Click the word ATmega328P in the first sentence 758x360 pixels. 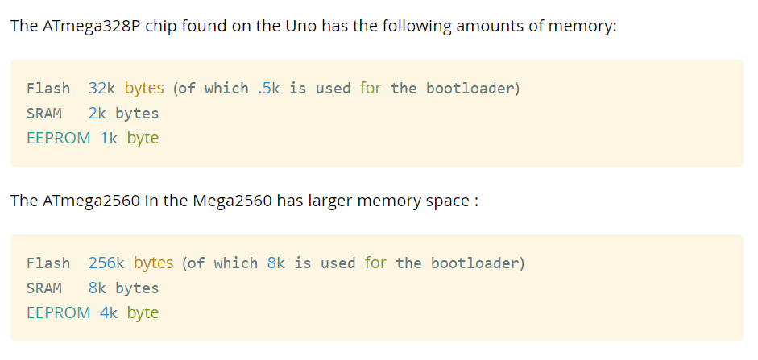tap(82, 26)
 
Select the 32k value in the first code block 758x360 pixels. tap(102, 88)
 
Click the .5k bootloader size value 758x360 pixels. tap(269, 88)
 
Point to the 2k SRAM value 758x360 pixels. tap(97, 113)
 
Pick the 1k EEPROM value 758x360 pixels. tap(109, 138)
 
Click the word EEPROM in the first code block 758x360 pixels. tap(58, 138)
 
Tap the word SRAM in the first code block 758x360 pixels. tap(44, 113)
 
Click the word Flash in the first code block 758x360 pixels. tap(48, 88)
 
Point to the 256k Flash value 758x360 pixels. tap(106, 263)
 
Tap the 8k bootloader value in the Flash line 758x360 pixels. tap(276, 263)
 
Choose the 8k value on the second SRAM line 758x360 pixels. tap(97, 288)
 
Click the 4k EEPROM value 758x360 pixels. tap(109, 312)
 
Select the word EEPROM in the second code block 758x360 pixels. tap(58, 312)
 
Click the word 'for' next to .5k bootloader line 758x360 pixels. tap(371, 88)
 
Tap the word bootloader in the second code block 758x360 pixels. tap(475, 263)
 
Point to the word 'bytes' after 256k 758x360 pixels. tap(153, 263)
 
